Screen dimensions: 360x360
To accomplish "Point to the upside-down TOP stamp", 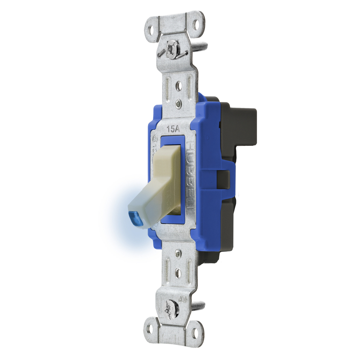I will click(x=183, y=299).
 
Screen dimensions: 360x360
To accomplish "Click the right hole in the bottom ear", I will click(x=196, y=332).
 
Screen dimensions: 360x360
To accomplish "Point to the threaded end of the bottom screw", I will click(x=198, y=306).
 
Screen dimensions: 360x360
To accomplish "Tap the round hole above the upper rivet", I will click(x=179, y=85).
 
